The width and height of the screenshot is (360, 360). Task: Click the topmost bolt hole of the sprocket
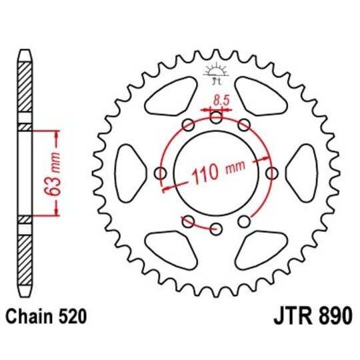[215, 118]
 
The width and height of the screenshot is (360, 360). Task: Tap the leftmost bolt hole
[160, 173]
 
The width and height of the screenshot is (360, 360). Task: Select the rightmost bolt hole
[271, 173]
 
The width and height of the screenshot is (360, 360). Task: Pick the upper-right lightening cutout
[267, 103]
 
